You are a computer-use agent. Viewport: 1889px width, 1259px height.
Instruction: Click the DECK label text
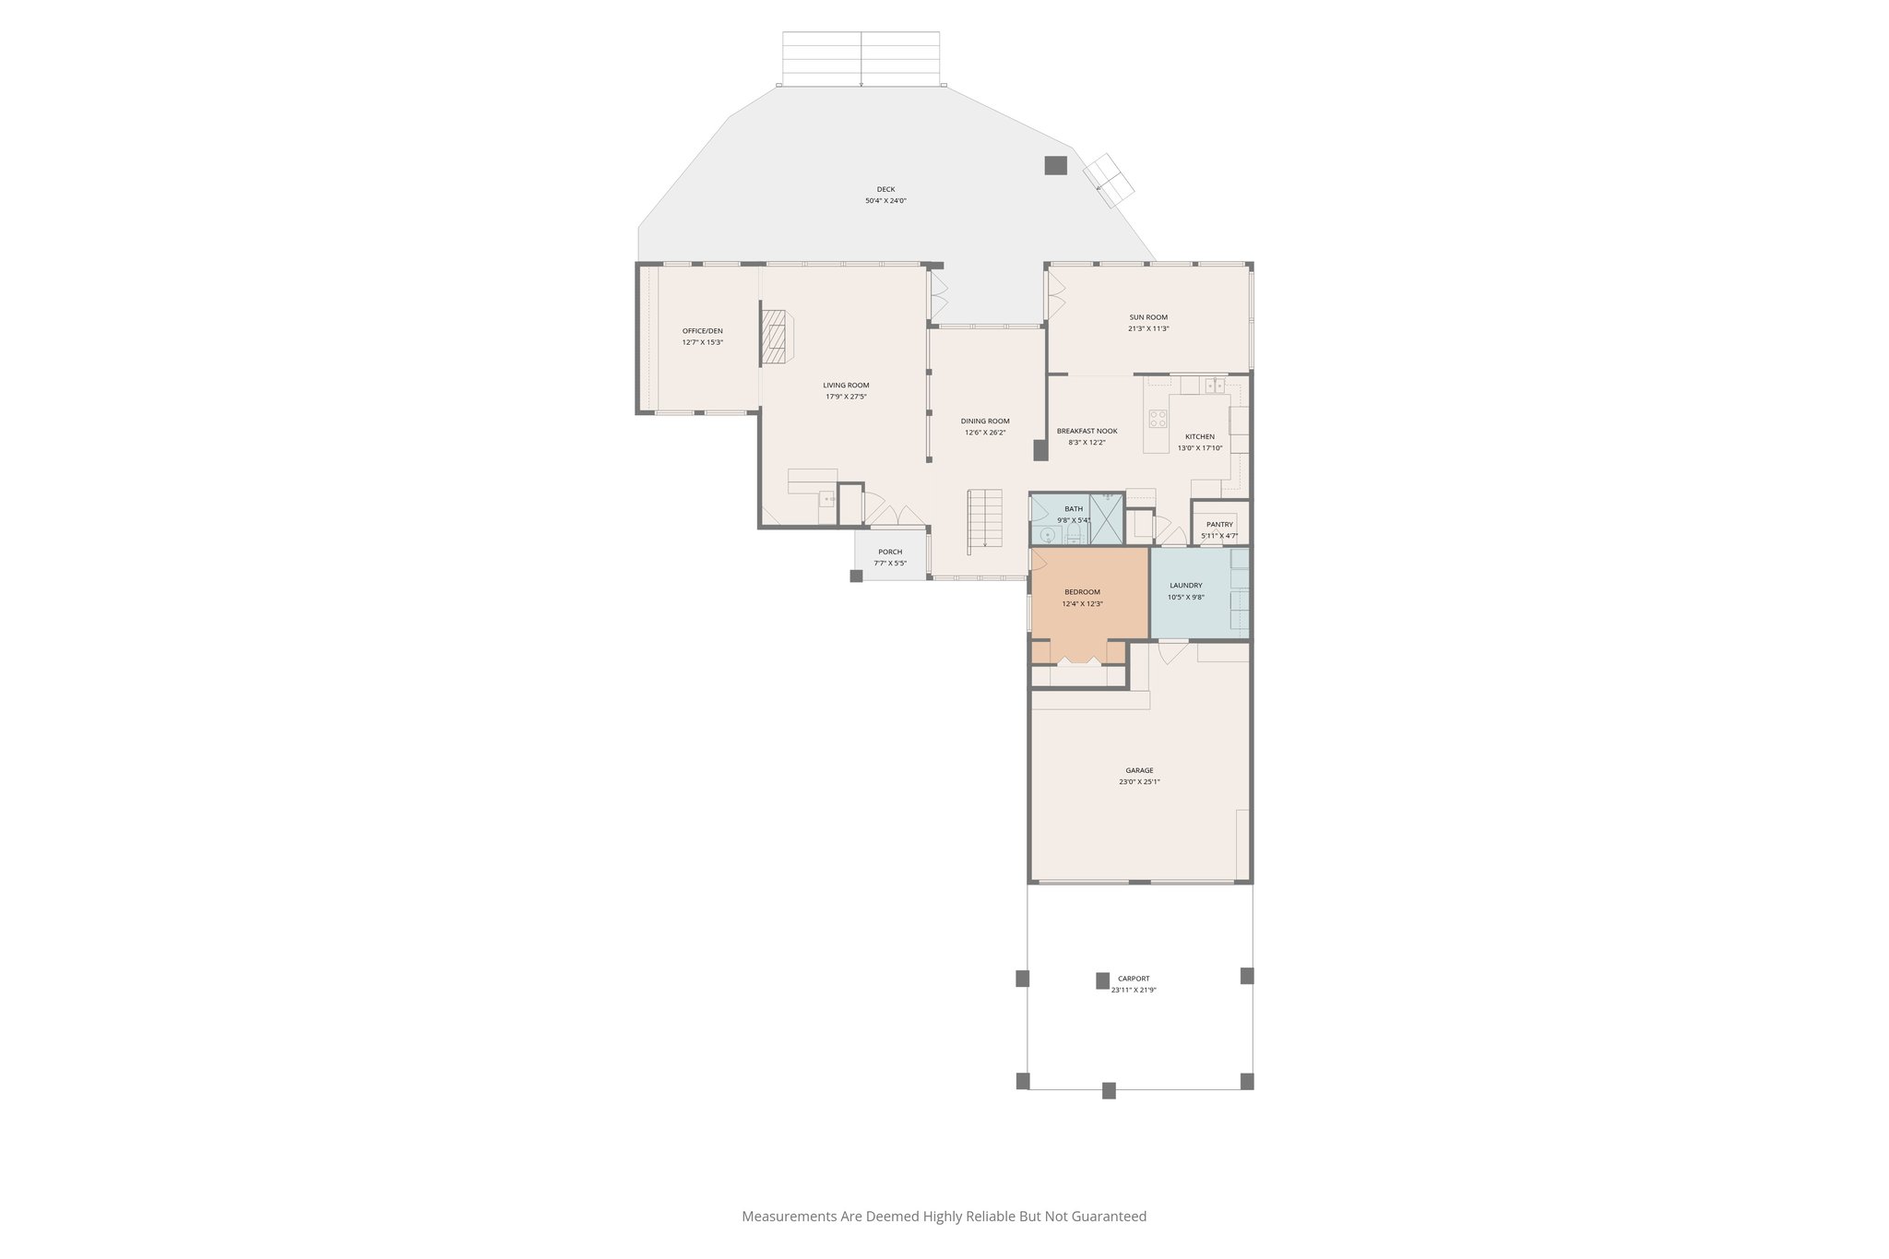(x=885, y=189)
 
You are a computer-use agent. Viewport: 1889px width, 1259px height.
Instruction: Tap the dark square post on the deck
(x=1055, y=165)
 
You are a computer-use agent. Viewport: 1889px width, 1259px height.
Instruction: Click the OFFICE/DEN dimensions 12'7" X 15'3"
(x=702, y=342)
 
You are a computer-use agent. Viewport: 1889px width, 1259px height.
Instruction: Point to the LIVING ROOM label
(x=846, y=386)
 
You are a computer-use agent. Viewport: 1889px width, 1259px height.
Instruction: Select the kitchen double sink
(x=1215, y=385)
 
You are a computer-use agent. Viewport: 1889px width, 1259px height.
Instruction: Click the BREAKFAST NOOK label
(x=1087, y=431)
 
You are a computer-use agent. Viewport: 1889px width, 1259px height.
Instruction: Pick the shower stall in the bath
(x=1106, y=519)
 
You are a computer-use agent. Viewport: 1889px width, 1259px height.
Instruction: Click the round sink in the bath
(x=1048, y=535)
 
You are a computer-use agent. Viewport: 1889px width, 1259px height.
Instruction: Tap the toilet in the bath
(x=1073, y=536)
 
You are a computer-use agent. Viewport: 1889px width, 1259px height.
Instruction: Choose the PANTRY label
(x=1219, y=524)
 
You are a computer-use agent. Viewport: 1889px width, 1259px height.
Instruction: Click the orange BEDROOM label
(x=1082, y=592)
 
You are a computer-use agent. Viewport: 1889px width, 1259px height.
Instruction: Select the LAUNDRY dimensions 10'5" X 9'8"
(x=1185, y=597)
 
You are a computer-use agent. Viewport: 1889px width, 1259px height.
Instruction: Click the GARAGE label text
(x=1139, y=770)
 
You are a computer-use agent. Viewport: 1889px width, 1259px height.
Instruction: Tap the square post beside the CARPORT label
(x=1102, y=980)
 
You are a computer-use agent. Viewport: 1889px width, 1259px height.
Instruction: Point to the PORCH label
(x=890, y=552)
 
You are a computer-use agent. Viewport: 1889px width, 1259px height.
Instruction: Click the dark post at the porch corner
(x=856, y=576)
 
